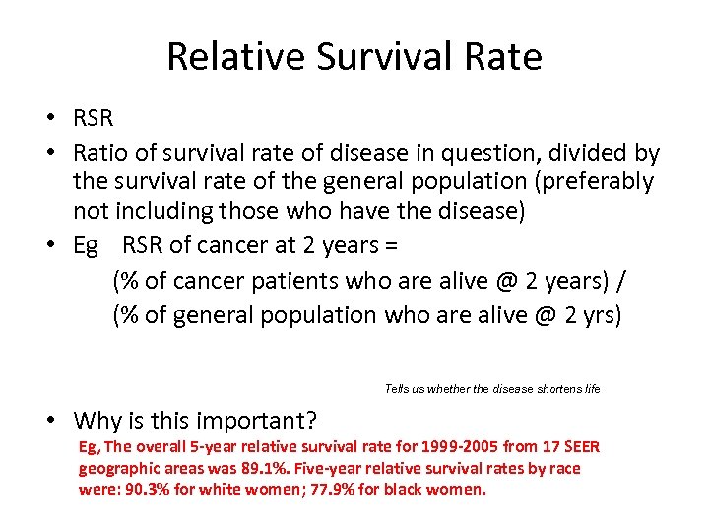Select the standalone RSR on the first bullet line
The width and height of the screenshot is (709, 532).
94,119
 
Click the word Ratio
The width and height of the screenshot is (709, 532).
100,153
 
